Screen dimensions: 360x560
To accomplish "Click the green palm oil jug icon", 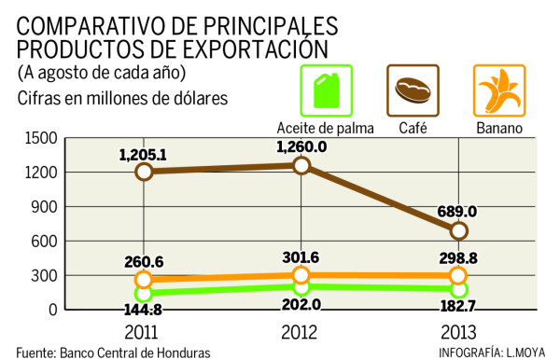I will point(324,90).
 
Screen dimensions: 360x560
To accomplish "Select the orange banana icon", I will point(498,90).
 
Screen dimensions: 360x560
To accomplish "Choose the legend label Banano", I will point(498,128).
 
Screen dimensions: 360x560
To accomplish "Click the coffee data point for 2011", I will point(144,172).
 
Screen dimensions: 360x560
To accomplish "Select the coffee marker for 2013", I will point(458,229).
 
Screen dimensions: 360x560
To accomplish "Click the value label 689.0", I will point(458,211).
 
